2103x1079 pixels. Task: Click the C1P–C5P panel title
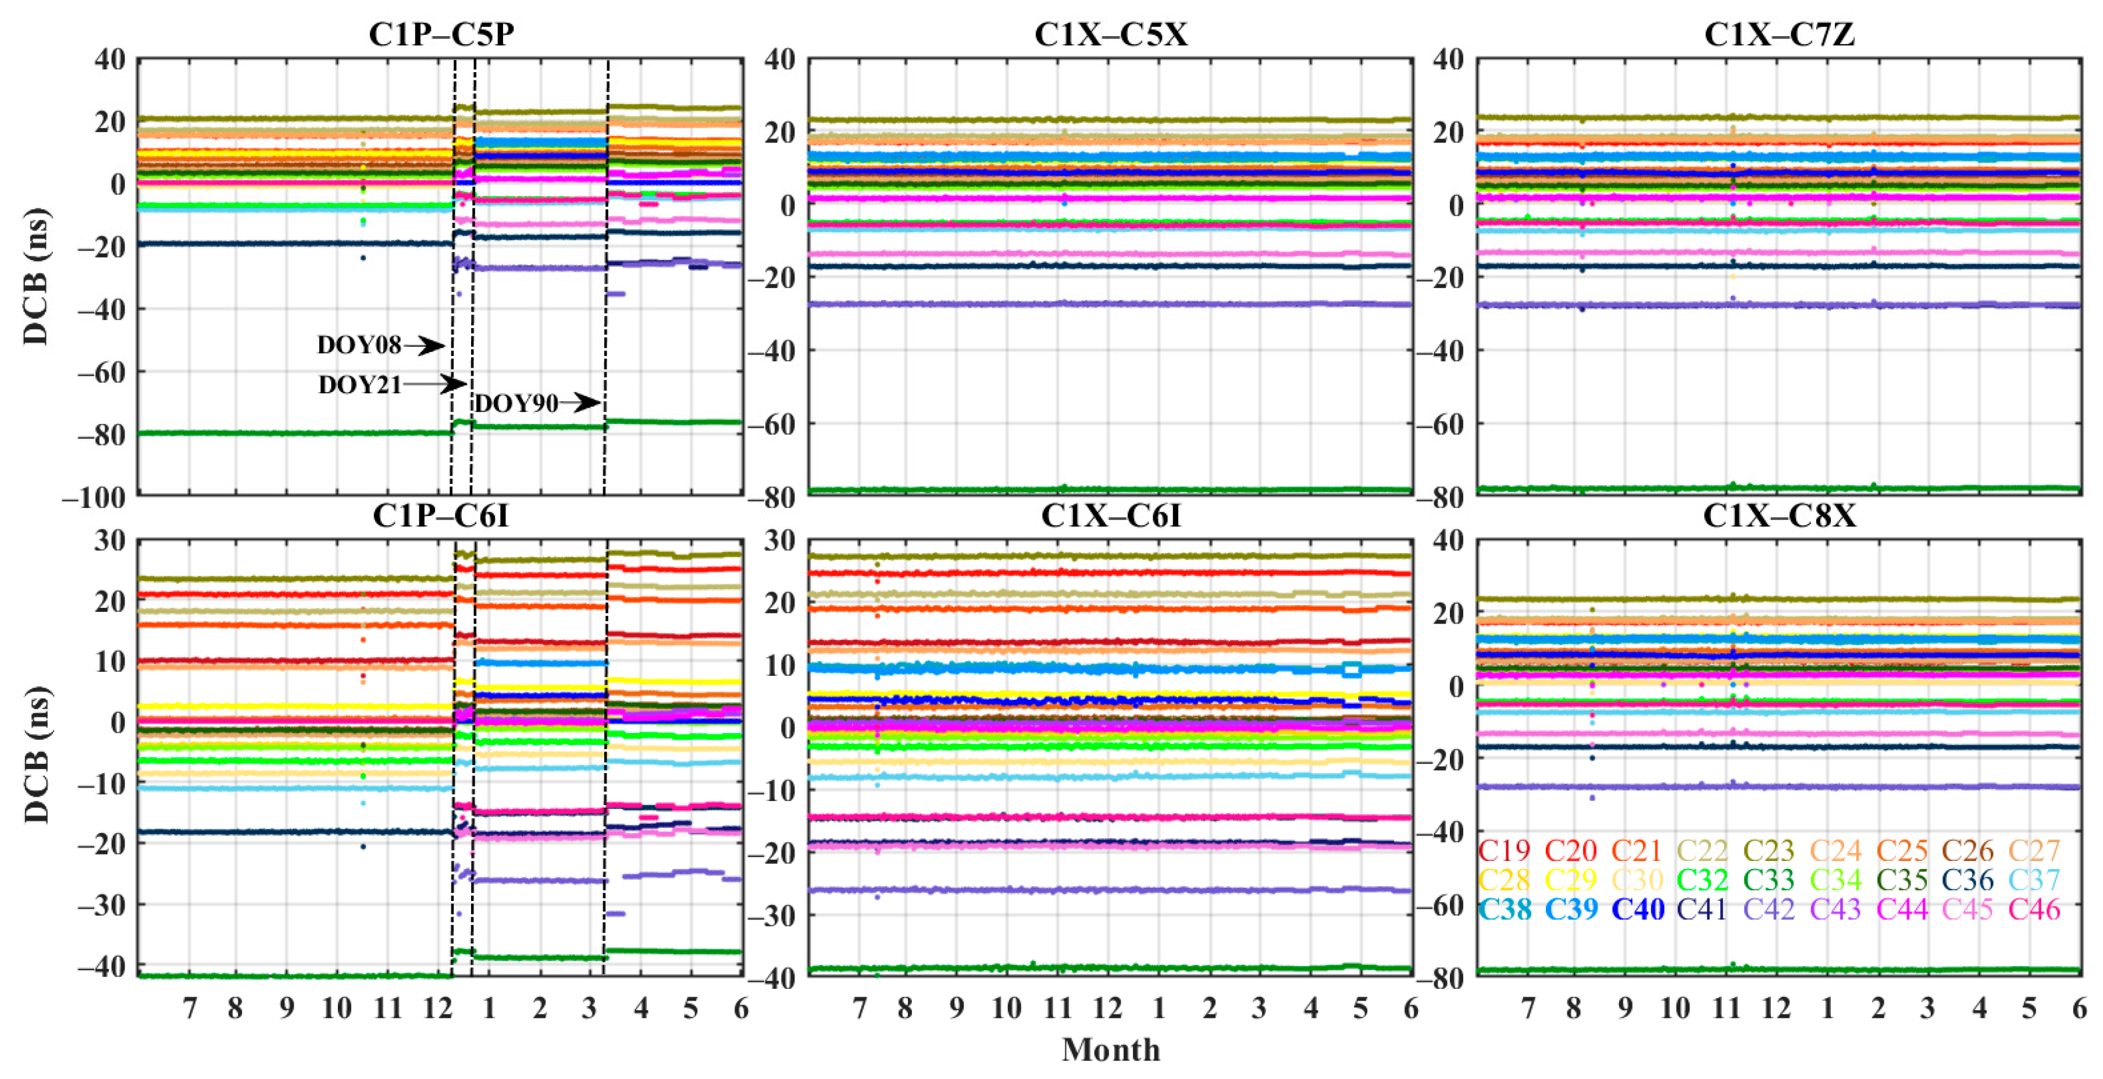(441, 34)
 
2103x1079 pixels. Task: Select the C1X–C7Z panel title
(1779, 34)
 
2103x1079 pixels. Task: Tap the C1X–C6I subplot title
(1110, 515)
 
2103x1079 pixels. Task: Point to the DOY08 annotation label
(358, 346)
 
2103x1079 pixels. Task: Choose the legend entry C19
(1504, 850)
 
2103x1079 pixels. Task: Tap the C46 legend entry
(2034, 909)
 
